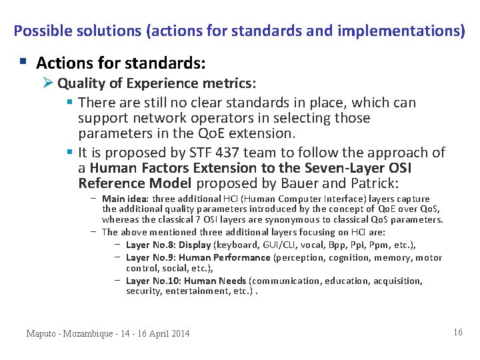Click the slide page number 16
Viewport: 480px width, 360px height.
(x=457, y=332)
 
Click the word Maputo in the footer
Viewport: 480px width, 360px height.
(x=41, y=333)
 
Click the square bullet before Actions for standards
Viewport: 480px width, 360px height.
(x=23, y=62)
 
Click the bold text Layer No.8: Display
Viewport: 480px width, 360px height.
(x=168, y=245)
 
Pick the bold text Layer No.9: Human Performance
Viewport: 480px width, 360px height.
(x=198, y=257)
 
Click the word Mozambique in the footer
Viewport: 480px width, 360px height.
(x=92, y=333)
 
